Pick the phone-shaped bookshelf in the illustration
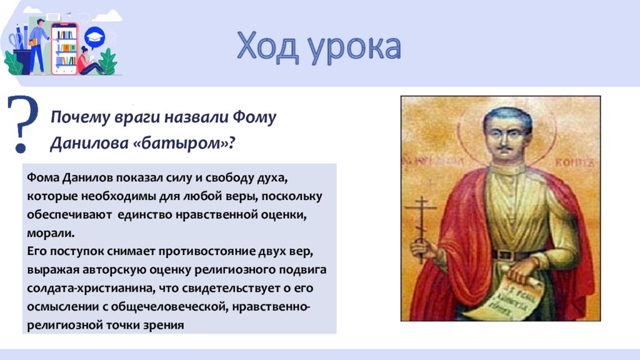click(64, 47)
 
